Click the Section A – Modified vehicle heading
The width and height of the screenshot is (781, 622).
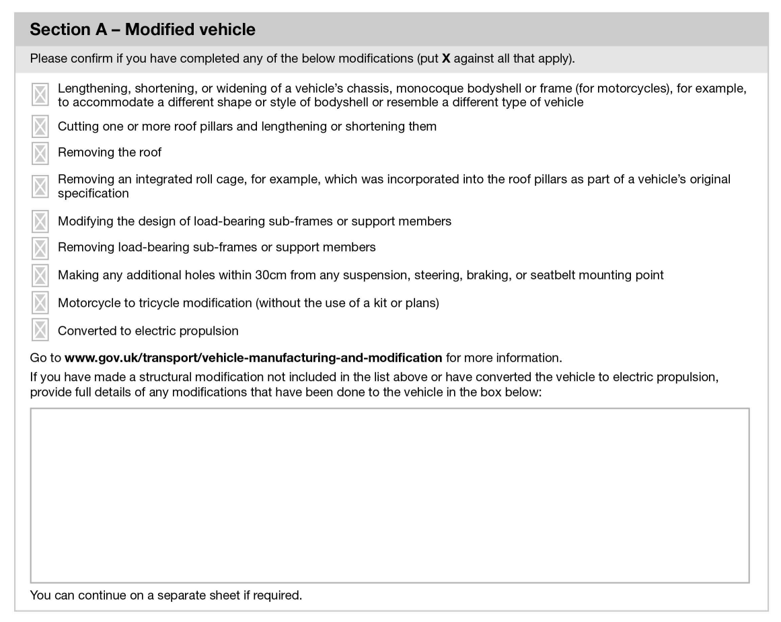click(x=143, y=30)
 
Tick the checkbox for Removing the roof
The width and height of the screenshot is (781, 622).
click(x=40, y=153)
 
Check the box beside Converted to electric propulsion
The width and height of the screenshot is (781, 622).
click(x=40, y=331)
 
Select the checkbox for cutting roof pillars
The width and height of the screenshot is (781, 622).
click(x=40, y=126)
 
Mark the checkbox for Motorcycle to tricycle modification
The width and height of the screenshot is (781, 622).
click(x=40, y=303)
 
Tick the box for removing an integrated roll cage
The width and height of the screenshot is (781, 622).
click(x=40, y=186)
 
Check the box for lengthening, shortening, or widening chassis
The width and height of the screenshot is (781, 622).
click(x=40, y=95)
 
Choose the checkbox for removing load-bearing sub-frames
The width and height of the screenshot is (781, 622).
click(x=40, y=248)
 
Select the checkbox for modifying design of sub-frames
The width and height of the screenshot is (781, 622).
click(x=40, y=221)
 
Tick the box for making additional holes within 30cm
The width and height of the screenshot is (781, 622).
click(x=40, y=275)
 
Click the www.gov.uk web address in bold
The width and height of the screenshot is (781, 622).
click(x=253, y=356)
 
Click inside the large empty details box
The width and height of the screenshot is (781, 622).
click(x=389, y=495)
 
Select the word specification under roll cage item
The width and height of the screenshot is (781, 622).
click(x=93, y=193)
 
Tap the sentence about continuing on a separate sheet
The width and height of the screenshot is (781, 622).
click(x=166, y=596)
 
